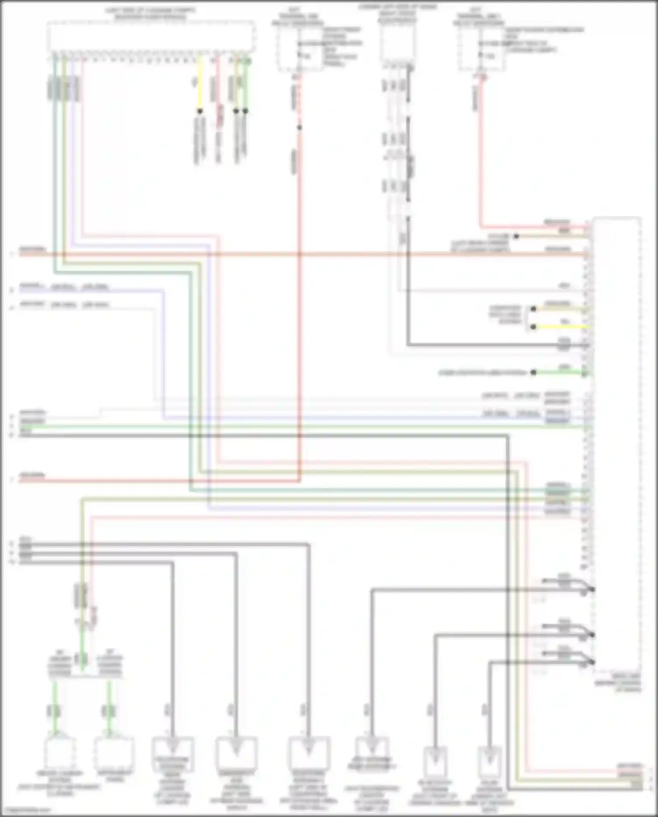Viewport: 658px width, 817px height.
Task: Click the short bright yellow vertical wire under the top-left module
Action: click(200, 83)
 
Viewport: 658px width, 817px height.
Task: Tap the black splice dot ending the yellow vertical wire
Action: click(200, 111)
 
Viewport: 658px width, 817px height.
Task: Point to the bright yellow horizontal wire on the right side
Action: click(561, 327)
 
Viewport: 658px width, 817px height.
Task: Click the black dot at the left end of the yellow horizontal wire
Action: click(533, 327)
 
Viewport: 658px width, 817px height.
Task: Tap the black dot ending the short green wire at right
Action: click(533, 373)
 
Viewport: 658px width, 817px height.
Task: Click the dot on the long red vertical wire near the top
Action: click(300, 128)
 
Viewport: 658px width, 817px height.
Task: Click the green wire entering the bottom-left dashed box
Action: click(54, 702)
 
